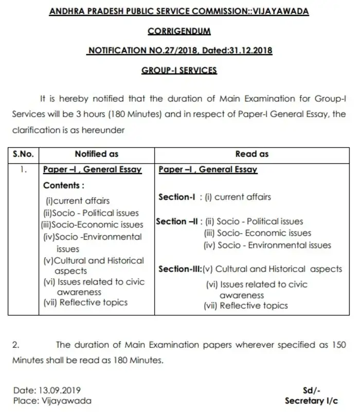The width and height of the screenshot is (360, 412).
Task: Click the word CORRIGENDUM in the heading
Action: click(179, 31)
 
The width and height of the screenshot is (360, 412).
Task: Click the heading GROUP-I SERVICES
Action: click(179, 70)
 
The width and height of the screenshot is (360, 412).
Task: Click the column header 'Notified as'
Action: click(97, 154)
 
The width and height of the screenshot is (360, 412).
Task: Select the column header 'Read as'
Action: click(252, 154)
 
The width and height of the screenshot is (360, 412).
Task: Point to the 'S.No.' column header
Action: click(23, 154)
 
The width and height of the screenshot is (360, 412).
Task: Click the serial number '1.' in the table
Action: click(23, 169)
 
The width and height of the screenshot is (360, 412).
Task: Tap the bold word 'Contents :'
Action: click(64, 185)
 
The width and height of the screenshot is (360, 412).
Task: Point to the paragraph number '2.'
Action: click(16, 345)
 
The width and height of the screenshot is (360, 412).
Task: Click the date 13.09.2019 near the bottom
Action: click(60, 390)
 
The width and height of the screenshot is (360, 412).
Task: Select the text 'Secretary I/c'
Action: click(311, 401)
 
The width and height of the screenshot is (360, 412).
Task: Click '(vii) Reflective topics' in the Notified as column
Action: click(85, 302)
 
